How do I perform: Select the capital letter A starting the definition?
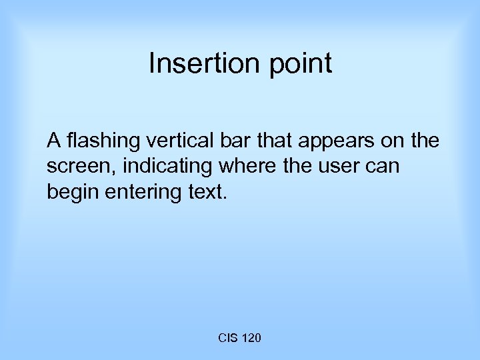tap(54, 141)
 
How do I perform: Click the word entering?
tap(143, 193)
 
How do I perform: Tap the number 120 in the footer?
tap(251, 339)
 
